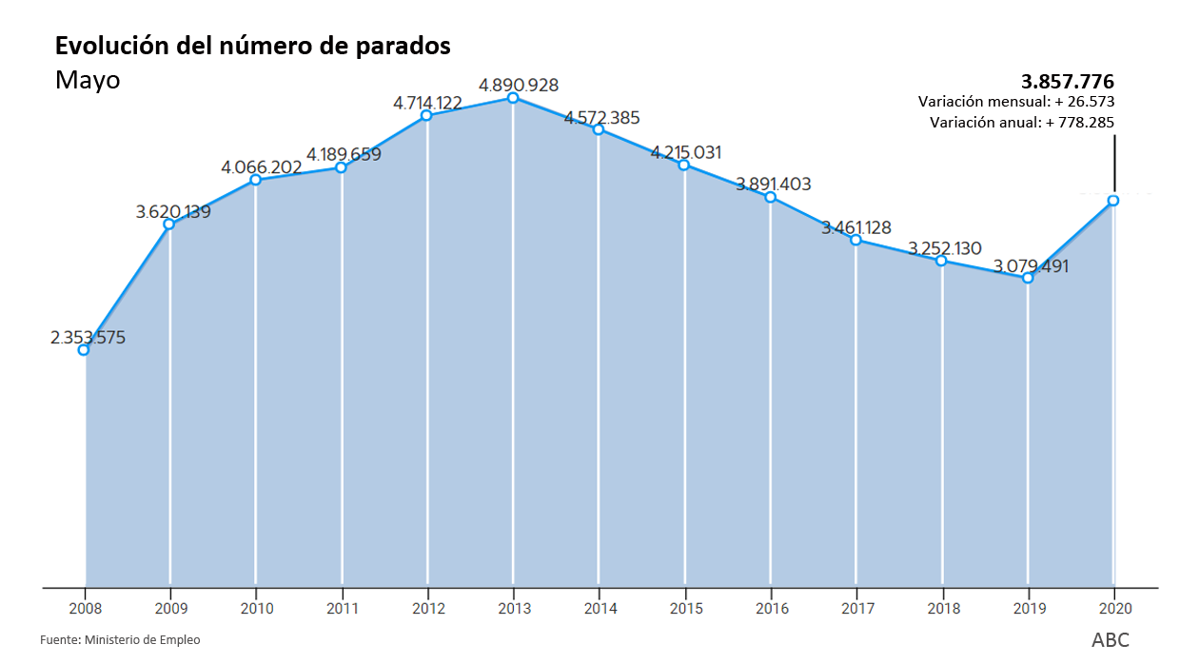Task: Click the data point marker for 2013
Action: pyautogui.click(x=513, y=98)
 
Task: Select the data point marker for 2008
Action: pyautogui.click(x=84, y=350)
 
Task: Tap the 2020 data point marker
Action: pyautogui.click(x=1113, y=201)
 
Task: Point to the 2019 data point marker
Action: pyautogui.click(x=1028, y=278)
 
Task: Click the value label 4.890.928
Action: pyautogui.click(x=519, y=86)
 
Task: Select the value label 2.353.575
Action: pyautogui.click(x=88, y=338)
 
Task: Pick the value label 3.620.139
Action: pyautogui.click(x=173, y=212)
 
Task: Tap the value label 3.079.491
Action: pyautogui.click(x=1031, y=266)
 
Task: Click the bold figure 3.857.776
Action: pyautogui.click(x=1067, y=81)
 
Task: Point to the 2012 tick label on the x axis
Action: pyautogui.click(x=428, y=608)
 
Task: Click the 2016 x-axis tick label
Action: pyautogui.click(x=771, y=608)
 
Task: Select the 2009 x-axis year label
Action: pyautogui.click(x=170, y=608)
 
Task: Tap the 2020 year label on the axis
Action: pyautogui.click(x=1114, y=608)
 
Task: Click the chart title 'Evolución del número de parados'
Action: pyautogui.click(x=252, y=46)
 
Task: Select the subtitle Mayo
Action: pyautogui.click(x=88, y=80)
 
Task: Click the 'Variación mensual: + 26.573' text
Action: pyautogui.click(x=1016, y=102)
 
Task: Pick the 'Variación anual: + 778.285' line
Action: pyautogui.click(x=1021, y=123)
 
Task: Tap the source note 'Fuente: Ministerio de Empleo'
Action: pyautogui.click(x=120, y=640)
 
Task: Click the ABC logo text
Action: pyautogui.click(x=1111, y=640)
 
